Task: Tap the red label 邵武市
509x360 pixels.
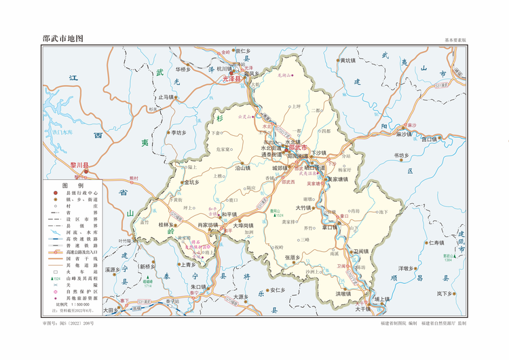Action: click(298, 147)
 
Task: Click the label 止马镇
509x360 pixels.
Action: click(167, 97)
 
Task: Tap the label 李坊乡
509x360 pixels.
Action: click(178, 132)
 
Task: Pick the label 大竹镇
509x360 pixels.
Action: click(303, 207)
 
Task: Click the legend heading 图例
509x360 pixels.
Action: click(73, 185)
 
